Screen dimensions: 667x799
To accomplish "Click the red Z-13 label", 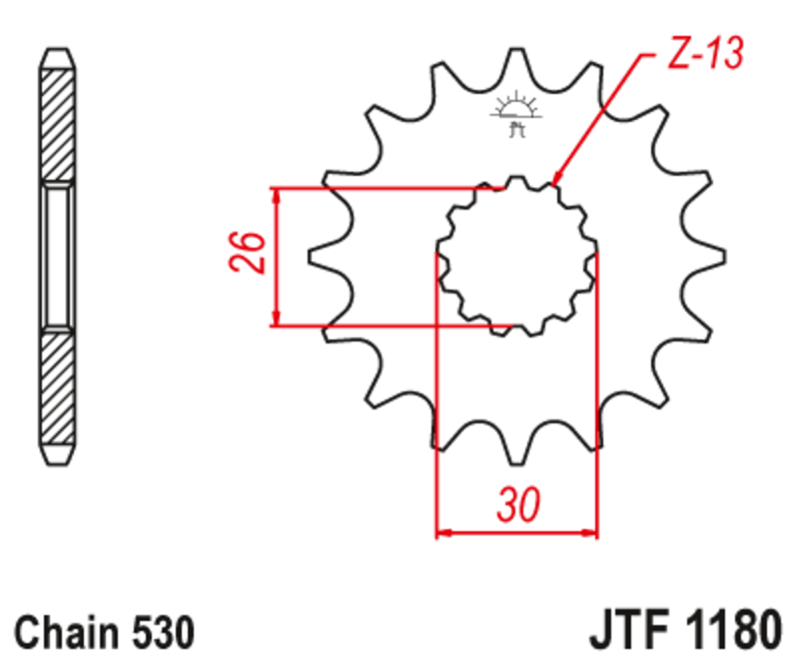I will [x=705, y=56].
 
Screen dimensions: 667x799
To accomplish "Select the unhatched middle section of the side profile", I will [x=56, y=257].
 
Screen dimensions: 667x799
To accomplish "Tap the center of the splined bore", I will [x=517, y=256].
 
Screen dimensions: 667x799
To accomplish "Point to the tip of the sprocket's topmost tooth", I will [x=515, y=50].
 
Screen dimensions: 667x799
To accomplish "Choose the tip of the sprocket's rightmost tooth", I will [x=722, y=256].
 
